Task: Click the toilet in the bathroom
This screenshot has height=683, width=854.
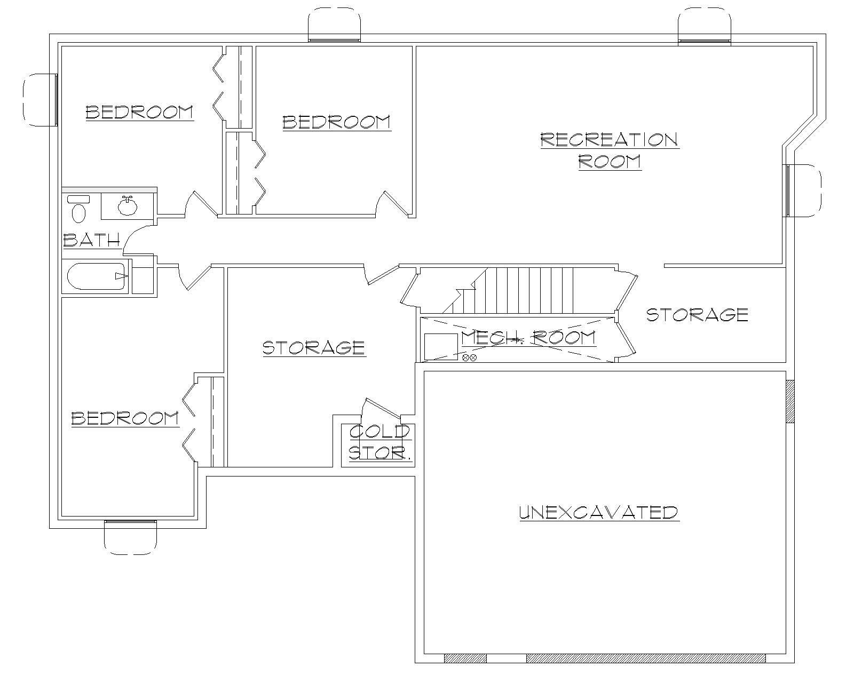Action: pos(78,210)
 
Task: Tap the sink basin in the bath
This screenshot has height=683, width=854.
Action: pos(127,206)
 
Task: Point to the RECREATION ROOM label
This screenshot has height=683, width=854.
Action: pos(610,150)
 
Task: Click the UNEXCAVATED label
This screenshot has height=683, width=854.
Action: pos(599,512)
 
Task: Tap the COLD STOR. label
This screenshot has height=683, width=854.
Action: pos(380,442)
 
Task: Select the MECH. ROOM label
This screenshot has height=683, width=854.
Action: pos(528,337)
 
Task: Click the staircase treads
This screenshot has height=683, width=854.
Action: pos(534,291)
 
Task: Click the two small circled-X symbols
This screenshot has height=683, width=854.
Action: pos(469,358)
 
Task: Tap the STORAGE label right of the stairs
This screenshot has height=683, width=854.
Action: pos(697,314)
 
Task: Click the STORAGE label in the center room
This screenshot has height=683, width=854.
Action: pos(314,348)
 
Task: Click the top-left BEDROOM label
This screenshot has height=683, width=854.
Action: pos(139,112)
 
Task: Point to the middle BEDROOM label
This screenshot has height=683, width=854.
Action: pos(336,122)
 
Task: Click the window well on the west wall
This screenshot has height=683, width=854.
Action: pos(39,100)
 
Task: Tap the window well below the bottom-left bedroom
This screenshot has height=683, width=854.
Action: pos(130,538)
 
